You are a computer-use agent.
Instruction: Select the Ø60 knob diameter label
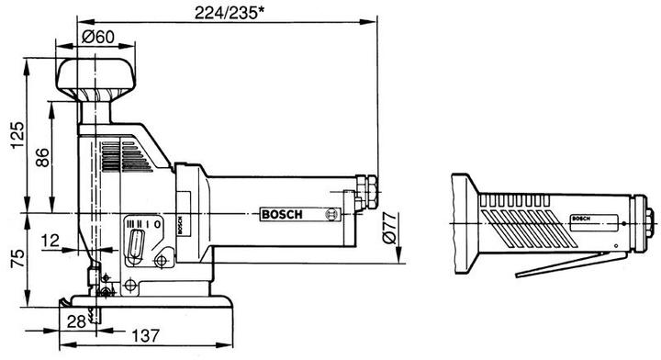(x=97, y=37)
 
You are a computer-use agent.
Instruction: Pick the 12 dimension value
(x=50, y=241)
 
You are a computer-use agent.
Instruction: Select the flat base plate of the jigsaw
(x=147, y=305)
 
